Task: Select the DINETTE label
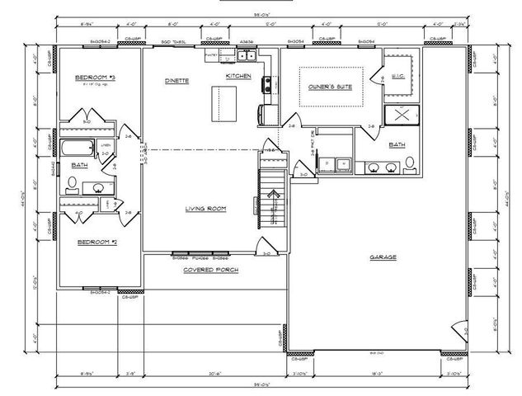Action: (176, 81)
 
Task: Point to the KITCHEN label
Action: (238, 77)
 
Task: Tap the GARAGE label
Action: (383, 257)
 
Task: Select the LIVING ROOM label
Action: (205, 209)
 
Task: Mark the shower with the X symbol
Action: (402, 115)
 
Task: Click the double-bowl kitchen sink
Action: (246, 56)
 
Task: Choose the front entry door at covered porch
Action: (264, 247)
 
